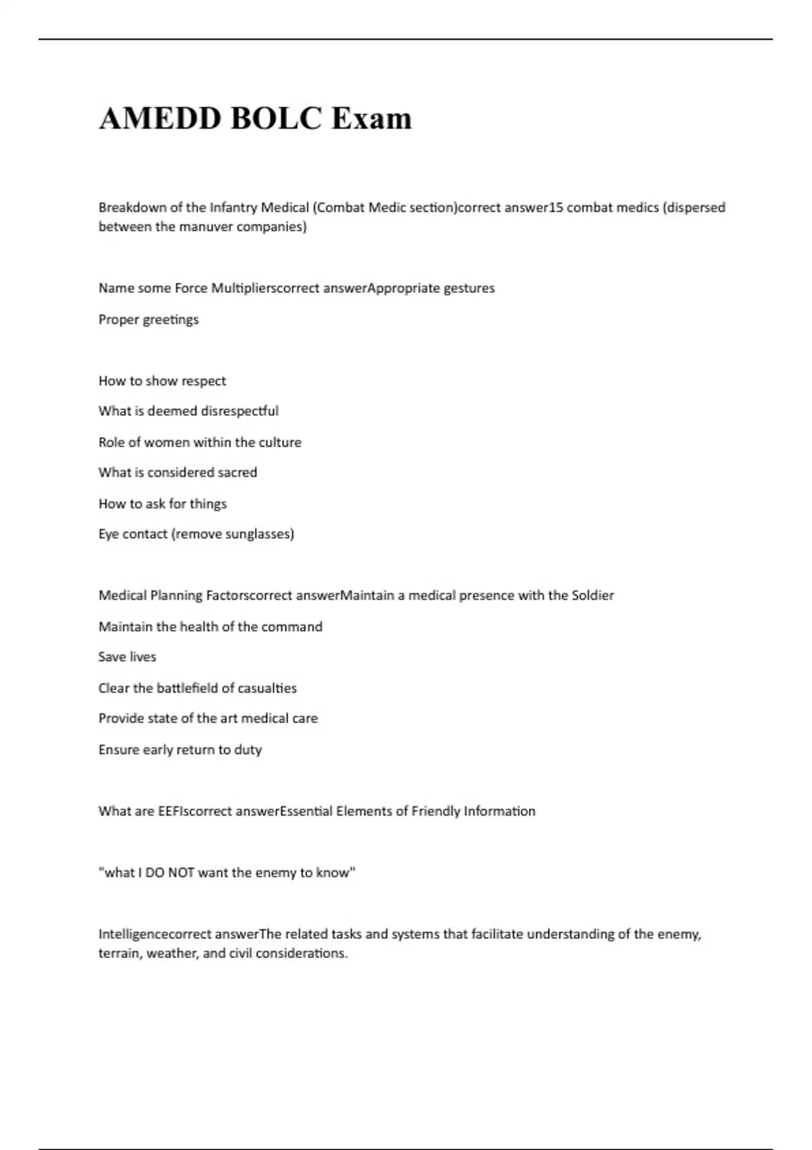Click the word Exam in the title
point(371,118)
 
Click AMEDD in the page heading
point(160,118)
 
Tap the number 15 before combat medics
point(555,208)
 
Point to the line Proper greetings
point(149,319)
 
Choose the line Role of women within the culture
point(200,442)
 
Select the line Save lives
point(127,657)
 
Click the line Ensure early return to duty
point(180,750)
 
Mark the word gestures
point(469,288)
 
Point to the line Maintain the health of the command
point(210,626)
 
